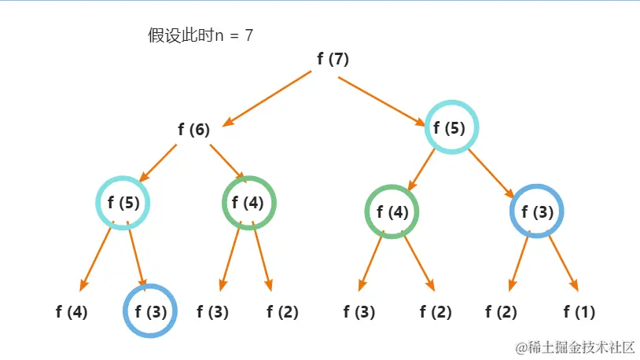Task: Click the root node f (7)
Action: (x=333, y=59)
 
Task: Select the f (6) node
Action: (x=193, y=130)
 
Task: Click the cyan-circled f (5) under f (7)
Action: (x=452, y=128)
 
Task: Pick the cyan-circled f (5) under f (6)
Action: (x=123, y=203)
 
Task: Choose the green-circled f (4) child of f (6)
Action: (x=249, y=203)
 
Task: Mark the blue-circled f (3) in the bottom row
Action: (x=150, y=312)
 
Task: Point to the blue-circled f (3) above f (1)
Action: (x=537, y=211)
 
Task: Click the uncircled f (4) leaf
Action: (x=72, y=312)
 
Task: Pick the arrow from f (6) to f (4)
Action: (x=226, y=161)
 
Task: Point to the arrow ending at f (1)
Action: (x=563, y=262)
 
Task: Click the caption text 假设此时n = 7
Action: (x=200, y=35)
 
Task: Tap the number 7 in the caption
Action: (x=248, y=35)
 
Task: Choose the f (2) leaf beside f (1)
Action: (x=501, y=312)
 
